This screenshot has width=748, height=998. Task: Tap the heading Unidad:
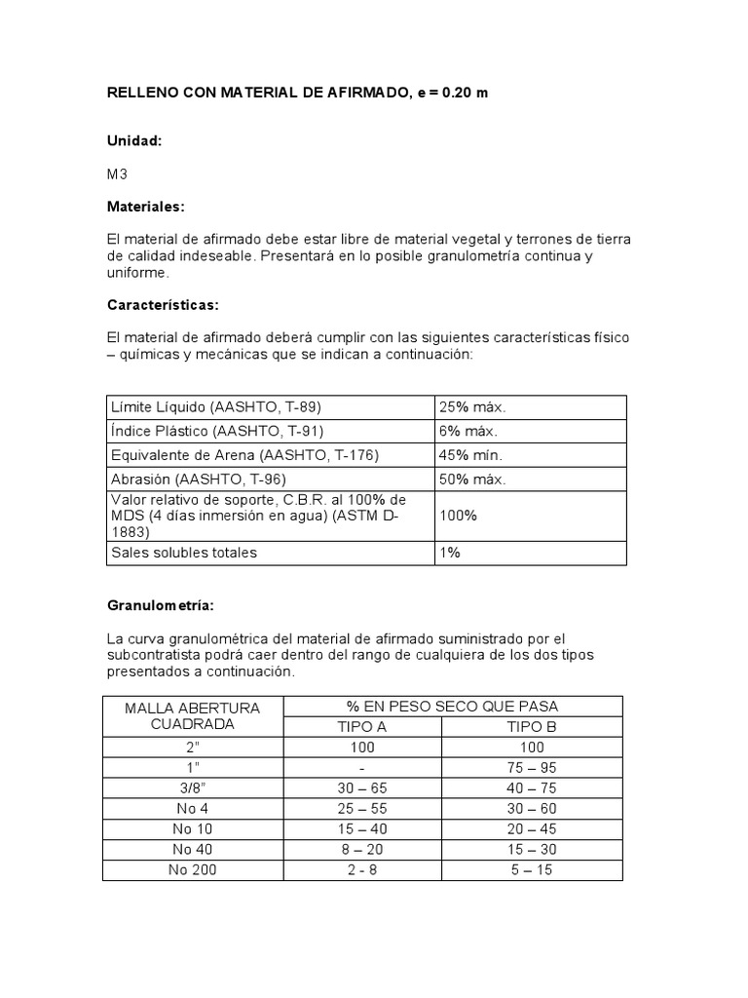click(x=134, y=141)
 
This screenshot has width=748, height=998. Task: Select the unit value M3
click(x=118, y=174)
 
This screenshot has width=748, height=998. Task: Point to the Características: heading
click(x=163, y=305)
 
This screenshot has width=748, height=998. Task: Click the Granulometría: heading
click(x=160, y=605)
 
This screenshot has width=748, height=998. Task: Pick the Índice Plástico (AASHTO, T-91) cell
click(x=217, y=431)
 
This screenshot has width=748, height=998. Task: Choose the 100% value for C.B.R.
click(x=459, y=516)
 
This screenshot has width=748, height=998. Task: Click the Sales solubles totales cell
click(x=184, y=553)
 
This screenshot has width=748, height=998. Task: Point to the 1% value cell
click(x=450, y=553)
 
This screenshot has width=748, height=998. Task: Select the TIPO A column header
click(x=361, y=726)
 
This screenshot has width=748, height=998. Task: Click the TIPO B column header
click(x=532, y=726)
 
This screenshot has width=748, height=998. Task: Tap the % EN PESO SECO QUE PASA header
click(x=452, y=706)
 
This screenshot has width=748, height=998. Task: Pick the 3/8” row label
click(x=192, y=788)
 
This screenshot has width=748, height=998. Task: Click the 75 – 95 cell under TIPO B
click(x=532, y=768)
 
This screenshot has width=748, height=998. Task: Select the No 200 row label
click(x=192, y=869)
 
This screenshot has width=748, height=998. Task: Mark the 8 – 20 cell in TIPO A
click(x=361, y=849)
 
